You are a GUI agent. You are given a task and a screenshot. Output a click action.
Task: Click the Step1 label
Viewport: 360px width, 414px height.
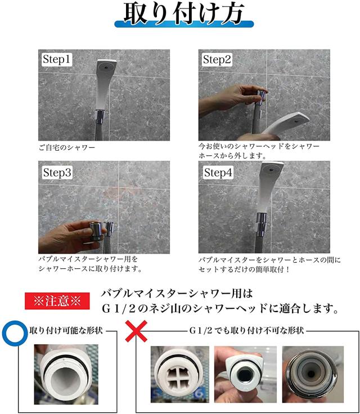56,59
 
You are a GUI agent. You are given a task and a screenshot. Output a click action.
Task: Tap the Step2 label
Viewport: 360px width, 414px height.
217,59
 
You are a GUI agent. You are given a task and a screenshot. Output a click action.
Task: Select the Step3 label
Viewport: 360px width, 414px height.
57,173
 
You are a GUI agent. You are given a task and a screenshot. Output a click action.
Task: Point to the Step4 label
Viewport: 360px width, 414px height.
218,173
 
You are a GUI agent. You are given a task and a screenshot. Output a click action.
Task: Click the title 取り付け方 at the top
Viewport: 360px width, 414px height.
184,13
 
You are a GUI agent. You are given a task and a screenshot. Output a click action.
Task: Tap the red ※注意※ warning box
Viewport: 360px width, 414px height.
57,301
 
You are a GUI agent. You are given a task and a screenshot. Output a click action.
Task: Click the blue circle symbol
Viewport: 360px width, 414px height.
15,333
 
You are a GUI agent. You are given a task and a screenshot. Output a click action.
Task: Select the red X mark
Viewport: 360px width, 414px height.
136,331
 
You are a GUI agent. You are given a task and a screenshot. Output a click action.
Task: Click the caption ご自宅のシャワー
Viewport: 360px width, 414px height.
66,147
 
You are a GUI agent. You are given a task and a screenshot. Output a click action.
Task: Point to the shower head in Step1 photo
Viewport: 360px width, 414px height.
103,84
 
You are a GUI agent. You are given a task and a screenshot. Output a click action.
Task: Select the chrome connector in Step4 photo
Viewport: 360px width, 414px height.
262,222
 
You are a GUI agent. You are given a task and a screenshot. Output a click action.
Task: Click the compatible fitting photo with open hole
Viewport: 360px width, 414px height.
66,375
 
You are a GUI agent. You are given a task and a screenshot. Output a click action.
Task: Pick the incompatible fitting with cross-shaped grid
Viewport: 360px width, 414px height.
180,375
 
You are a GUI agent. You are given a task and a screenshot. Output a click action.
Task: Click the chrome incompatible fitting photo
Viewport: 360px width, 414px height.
313,375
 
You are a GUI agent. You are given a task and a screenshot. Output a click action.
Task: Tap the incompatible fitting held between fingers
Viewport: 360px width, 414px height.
245,375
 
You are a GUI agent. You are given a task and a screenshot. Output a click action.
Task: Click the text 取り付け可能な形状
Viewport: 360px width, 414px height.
66,331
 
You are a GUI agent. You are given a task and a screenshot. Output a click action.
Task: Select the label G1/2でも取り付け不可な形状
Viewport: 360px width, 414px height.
247,331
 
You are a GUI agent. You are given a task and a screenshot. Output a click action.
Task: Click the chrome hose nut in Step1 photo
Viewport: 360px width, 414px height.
100,117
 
